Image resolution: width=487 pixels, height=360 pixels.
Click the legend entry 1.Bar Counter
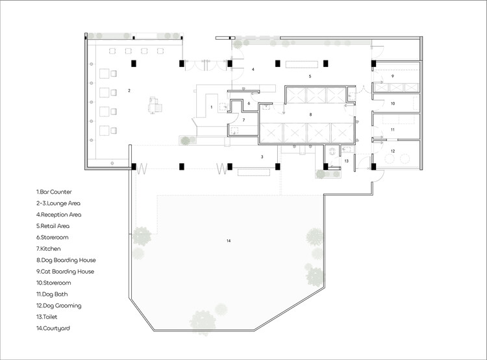pyautogui.click(x=54, y=192)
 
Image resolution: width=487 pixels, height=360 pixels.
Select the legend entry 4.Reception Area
pyautogui.click(x=58, y=214)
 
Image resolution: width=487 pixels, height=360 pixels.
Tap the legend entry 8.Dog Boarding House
pyautogui.click(x=66, y=260)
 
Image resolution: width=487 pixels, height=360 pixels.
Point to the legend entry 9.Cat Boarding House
pyautogui.click(x=65, y=272)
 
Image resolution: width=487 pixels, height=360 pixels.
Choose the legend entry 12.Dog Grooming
pyautogui.click(x=58, y=305)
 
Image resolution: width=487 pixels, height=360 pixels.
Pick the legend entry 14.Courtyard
pyautogui.click(x=53, y=328)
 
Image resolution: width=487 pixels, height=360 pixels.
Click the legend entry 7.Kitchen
pyautogui.click(x=48, y=249)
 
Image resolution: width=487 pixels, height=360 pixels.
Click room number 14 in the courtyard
pyautogui.click(x=229, y=240)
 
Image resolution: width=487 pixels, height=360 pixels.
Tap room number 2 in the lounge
pyautogui.click(x=129, y=90)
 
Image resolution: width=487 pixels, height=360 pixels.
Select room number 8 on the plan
pyautogui.click(x=310, y=114)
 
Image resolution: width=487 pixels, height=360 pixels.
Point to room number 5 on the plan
pyautogui.click(x=310, y=76)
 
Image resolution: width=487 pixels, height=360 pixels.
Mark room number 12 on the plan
pyautogui.click(x=393, y=151)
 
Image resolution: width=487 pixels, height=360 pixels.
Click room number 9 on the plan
pyautogui.click(x=393, y=76)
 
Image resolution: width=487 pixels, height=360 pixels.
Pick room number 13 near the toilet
pyautogui.click(x=346, y=161)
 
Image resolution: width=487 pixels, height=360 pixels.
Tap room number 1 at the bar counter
pyautogui.click(x=212, y=107)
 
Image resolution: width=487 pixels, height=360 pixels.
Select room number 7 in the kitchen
pyautogui.click(x=243, y=120)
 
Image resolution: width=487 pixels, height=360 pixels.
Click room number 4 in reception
pyautogui.click(x=253, y=70)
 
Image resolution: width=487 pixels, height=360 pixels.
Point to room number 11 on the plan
pyautogui.click(x=393, y=129)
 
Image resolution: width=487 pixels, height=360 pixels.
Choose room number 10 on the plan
pyautogui.click(x=393, y=103)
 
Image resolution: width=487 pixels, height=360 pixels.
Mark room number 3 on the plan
pyautogui.click(x=262, y=157)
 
